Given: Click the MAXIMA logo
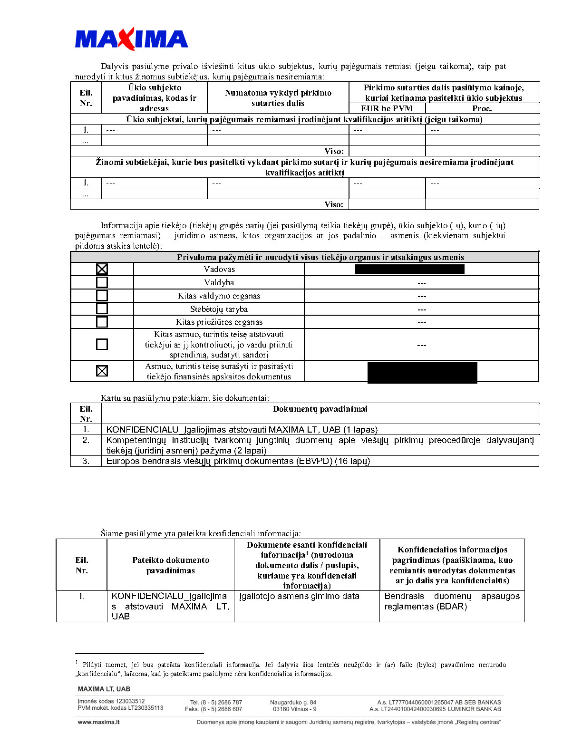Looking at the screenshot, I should tap(131, 39).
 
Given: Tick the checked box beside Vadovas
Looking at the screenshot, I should tap(102, 269).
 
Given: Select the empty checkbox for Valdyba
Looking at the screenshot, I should tap(102, 282).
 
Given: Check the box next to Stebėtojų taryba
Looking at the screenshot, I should tap(102, 309).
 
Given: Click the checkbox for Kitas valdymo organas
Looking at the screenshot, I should tap(102, 296).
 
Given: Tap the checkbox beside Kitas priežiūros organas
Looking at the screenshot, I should tap(102, 322).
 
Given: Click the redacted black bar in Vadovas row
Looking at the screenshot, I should tap(409, 269).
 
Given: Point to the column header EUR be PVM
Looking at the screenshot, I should tap(387, 108).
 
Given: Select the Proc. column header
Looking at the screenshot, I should tap(482, 108).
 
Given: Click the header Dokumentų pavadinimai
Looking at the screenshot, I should tap(320, 409).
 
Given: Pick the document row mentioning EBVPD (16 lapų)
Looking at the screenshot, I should tap(238, 461).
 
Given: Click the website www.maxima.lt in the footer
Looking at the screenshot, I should tap(98, 722).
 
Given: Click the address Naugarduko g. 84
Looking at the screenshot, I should tap(293, 702).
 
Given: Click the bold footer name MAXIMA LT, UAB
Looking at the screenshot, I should tap(104, 689).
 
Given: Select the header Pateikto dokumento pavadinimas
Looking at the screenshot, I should tap(171, 565).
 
